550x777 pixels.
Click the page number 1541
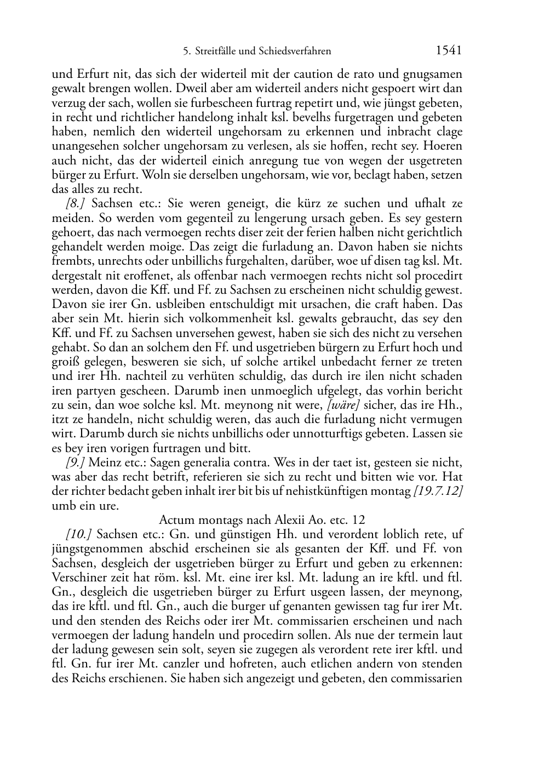[x=449, y=51]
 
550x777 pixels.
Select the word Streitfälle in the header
[x=215, y=52]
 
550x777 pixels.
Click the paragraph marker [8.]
[x=75, y=204]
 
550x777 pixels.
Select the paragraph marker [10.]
[x=78, y=534]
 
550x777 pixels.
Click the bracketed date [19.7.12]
[x=438, y=492]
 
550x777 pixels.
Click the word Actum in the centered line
[x=174, y=520]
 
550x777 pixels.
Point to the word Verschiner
[x=78, y=578]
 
